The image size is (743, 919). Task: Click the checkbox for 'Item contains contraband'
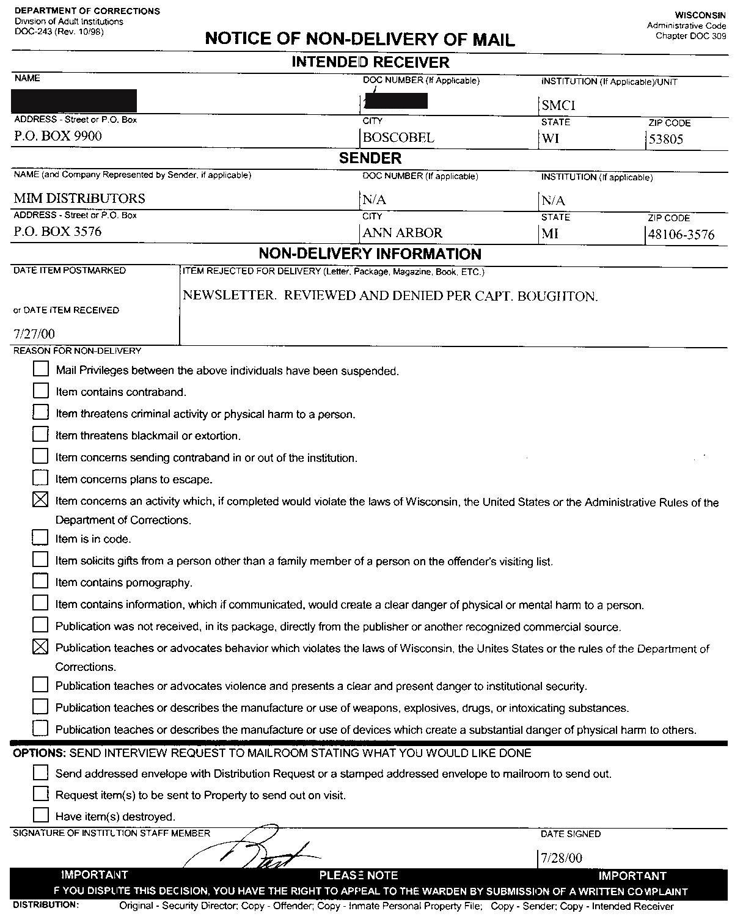click(x=40, y=390)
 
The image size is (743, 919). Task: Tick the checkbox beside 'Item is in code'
click(x=40, y=537)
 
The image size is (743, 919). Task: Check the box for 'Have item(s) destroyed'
click(x=40, y=815)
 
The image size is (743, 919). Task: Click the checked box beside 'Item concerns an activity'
click(x=40, y=500)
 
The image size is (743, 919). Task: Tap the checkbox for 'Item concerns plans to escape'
click(x=40, y=477)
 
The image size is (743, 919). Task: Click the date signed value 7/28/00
click(x=562, y=858)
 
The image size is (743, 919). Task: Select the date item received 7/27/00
click(x=34, y=334)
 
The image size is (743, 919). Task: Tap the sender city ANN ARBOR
click(x=402, y=233)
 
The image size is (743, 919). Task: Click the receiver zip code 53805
click(x=666, y=139)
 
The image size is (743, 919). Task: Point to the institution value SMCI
click(x=558, y=105)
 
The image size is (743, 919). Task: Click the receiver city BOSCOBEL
click(x=398, y=137)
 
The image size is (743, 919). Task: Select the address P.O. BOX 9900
click(x=58, y=136)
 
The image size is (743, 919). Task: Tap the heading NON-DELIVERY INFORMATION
click(x=370, y=254)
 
